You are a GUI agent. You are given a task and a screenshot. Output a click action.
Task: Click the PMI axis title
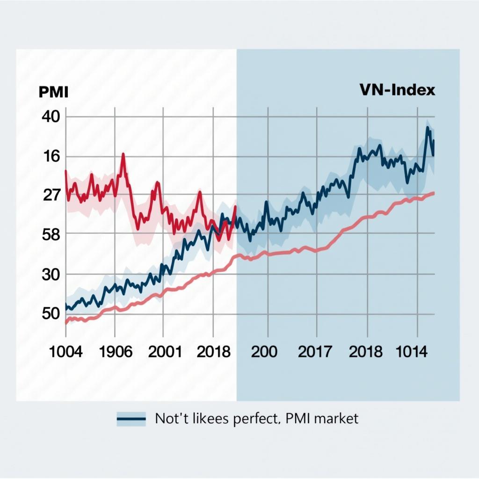[53, 92]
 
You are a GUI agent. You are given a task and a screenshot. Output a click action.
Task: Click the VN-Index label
[397, 90]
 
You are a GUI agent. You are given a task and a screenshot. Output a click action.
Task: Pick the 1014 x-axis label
[412, 351]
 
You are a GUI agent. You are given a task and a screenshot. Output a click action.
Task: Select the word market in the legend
[336, 418]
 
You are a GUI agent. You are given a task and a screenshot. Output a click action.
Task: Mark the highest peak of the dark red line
[123, 154]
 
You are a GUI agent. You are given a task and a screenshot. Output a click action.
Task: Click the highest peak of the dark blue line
[427, 127]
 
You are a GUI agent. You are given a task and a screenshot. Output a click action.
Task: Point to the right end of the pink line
[435, 193]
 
